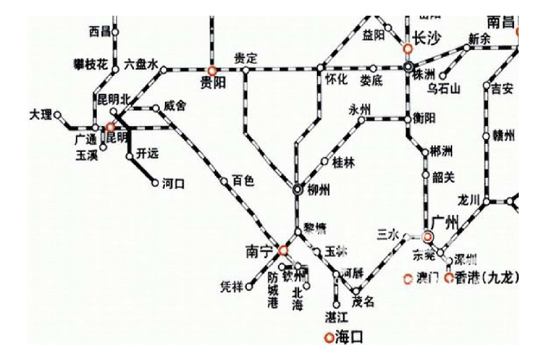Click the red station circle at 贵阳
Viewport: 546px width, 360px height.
pyautogui.click(x=212, y=71)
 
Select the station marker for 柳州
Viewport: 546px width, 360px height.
pyautogui.click(x=298, y=190)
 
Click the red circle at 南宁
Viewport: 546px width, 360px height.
pyautogui.click(x=283, y=250)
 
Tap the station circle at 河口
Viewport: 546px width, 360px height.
pyautogui.click(x=155, y=183)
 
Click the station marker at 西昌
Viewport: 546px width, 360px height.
pyautogui.click(x=115, y=32)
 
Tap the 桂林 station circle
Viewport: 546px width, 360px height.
pyautogui.click(x=325, y=162)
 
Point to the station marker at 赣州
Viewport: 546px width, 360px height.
pyautogui.click(x=486, y=136)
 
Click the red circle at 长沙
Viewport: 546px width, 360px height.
pyautogui.click(x=408, y=49)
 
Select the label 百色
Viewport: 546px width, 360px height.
pyautogui.click(x=243, y=181)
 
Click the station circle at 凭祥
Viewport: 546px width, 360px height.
pyautogui.click(x=249, y=287)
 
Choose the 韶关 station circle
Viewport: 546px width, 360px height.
pyautogui.click(x=425, y=175)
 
